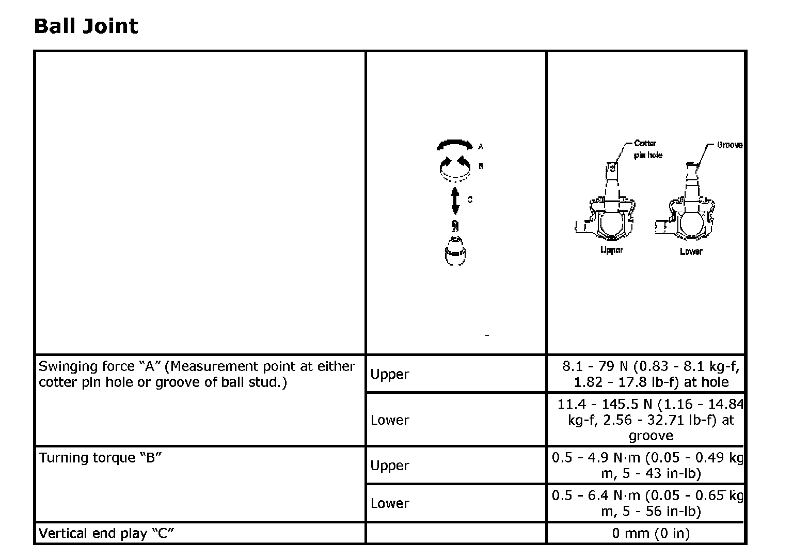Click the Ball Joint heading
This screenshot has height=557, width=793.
coord(86,26)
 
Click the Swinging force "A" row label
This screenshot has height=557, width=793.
coord(197,374)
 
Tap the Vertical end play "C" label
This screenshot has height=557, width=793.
coord(106,533)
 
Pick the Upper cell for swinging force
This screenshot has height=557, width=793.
coord(389,374)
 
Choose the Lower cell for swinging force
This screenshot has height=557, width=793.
coord(389,420)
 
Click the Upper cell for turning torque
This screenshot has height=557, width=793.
coord(389,465)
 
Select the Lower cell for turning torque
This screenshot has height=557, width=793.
coord(389,503)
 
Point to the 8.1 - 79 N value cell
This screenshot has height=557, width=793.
coord(651,374)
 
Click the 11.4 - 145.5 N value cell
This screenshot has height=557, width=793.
coord(651,420)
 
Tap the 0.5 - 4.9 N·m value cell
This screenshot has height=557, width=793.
coord(648,465)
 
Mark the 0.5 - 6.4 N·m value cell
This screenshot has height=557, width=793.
coord(648,503)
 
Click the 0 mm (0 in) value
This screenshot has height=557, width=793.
coord(651,533)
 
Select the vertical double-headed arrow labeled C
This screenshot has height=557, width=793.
coord(455,200)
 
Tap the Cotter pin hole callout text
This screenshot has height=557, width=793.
coord(647,149)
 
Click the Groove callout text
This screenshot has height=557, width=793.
coord(729,145)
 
